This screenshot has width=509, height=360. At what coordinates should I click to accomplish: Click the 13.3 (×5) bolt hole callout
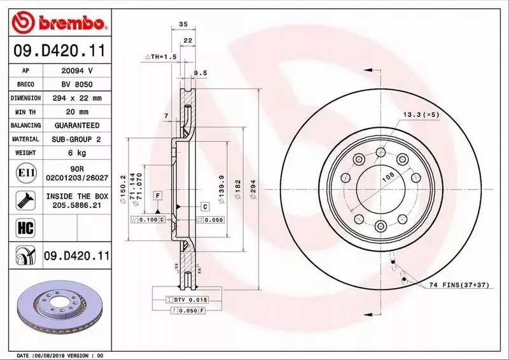tap(420, 114)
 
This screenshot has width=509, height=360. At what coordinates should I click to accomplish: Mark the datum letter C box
tap(206, 207)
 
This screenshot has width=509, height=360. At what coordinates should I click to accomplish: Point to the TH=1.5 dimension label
tap(160, 57)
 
